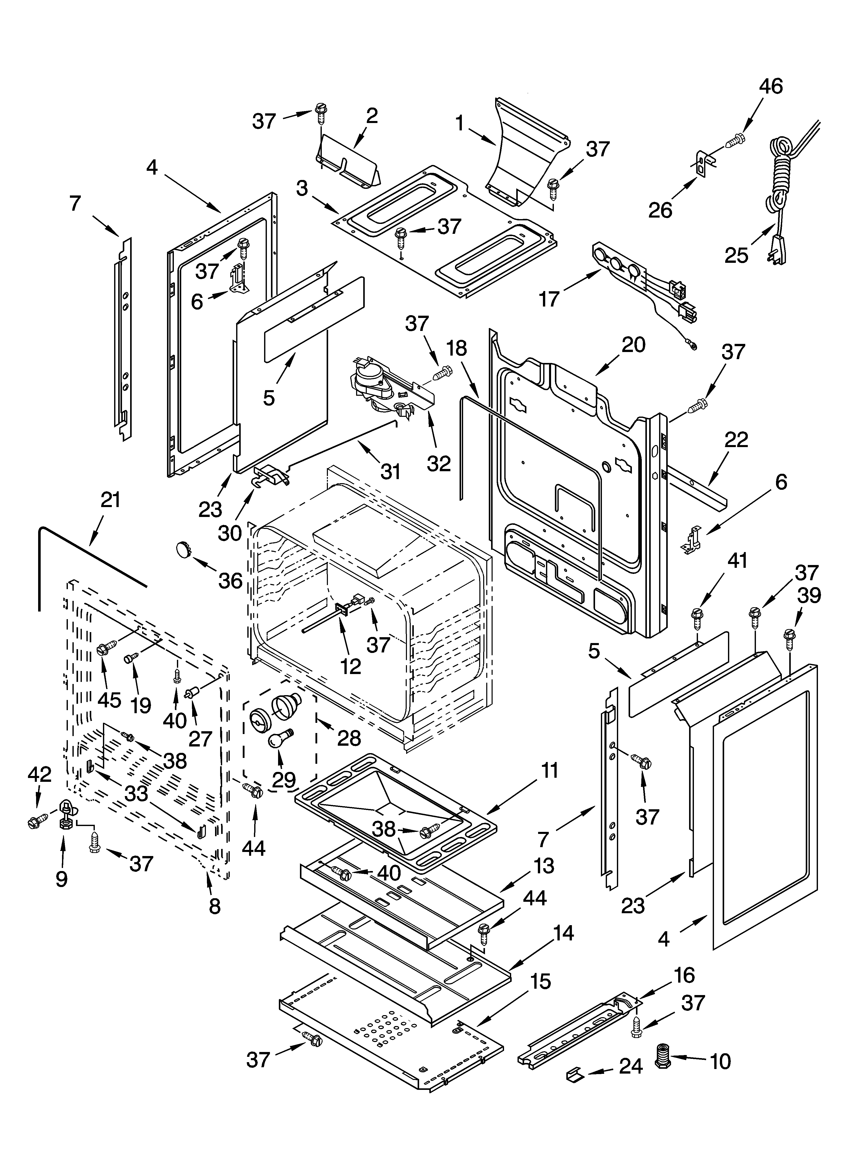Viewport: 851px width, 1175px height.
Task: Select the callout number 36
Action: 230,581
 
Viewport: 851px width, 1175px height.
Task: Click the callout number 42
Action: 39,774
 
